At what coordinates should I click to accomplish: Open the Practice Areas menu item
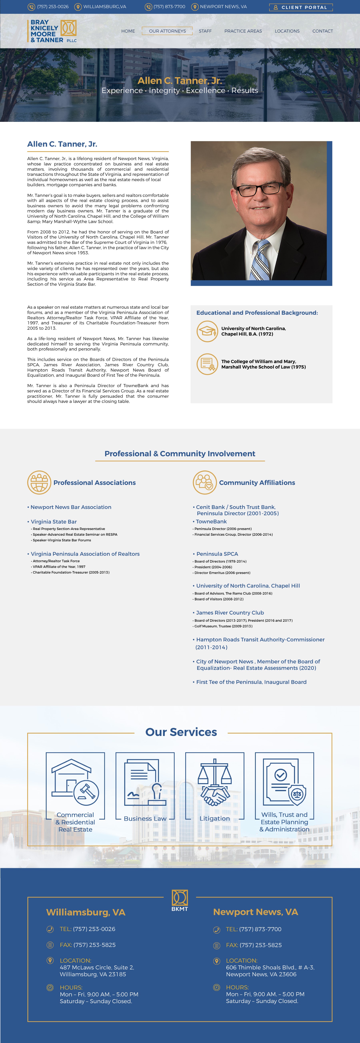(x=243, y=31)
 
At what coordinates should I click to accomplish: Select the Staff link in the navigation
(x=205, y=31)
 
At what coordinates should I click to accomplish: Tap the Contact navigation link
(x=322, y=31)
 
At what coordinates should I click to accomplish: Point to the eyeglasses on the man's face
(x=260, y=188)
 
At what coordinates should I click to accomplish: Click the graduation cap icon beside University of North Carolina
(x=207, y=331)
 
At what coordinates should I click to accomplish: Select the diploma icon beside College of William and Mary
(x=207, y=364)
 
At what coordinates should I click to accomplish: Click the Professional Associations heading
(x=94, y=483)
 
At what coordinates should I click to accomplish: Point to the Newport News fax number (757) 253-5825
(x=260, y=945)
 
